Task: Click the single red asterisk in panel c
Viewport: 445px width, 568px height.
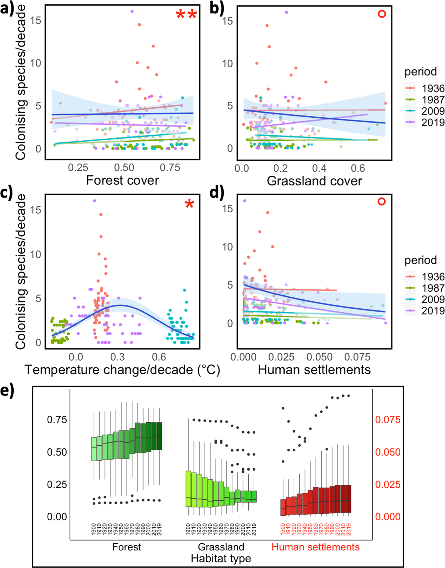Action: click(189, 204)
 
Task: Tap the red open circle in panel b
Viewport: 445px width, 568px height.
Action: click(382, 14)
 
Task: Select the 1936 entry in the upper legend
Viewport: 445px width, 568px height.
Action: click(433, 89)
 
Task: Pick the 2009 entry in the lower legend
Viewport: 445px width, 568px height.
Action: click(433, 299)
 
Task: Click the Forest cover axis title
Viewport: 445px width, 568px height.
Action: click(122, 180)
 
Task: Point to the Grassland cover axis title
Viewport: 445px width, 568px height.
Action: click(314, 181)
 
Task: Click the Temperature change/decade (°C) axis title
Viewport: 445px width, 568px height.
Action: click(122, 370)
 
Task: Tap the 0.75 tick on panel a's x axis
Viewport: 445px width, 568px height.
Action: click(170, 168)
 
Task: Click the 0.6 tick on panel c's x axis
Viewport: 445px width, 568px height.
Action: click(159, 357)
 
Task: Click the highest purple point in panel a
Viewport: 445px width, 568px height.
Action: click(132, 11)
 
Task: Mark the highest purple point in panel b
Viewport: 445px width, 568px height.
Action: click(286, 12)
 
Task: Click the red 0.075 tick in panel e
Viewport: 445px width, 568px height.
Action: click(387, 420)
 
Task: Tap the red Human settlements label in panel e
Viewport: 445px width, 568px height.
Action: click(315, 547)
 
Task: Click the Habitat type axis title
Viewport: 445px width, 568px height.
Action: click(221, 559)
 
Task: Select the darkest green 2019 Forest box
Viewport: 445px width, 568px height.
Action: click(159, 436)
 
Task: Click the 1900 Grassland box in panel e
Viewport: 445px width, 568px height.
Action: click(188, 488)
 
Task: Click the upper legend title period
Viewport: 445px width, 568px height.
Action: click(421, 72)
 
